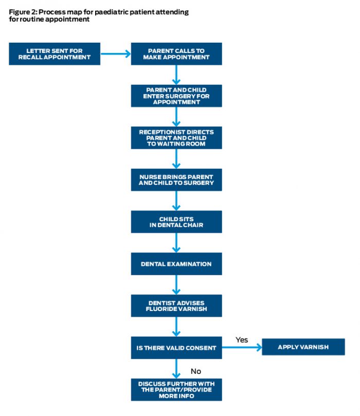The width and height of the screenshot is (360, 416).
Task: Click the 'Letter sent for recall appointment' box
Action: point(55,53)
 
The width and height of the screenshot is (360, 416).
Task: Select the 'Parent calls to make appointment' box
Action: point(176,53)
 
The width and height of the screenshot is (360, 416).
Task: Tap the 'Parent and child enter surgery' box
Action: point(176,96)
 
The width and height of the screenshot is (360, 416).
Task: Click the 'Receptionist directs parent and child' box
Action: point(176,138)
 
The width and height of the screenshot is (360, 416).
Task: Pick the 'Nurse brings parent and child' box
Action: point(176,179)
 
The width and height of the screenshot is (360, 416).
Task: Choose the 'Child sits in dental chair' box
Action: point(176,222)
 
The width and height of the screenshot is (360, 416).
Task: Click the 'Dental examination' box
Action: point(176,264)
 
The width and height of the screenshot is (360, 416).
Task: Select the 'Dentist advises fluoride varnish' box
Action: point(176,305)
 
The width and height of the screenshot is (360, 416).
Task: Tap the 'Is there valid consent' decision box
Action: point(176,348)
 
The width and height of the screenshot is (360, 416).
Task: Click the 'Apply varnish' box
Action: point(303,348)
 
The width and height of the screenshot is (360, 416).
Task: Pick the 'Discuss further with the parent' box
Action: point(176,390)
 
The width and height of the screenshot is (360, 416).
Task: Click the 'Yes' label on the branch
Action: point(242,340)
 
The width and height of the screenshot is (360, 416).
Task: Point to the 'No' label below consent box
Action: point(195,371)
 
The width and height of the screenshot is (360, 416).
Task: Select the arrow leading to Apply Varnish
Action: point(242,348)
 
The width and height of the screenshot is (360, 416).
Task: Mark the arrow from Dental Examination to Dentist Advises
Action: point(176,284)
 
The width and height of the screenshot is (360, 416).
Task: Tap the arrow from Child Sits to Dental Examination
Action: point(176,242)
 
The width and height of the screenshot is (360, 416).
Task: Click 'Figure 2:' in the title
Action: point(23,11)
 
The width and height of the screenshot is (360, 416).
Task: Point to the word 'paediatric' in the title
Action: point(116,11)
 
